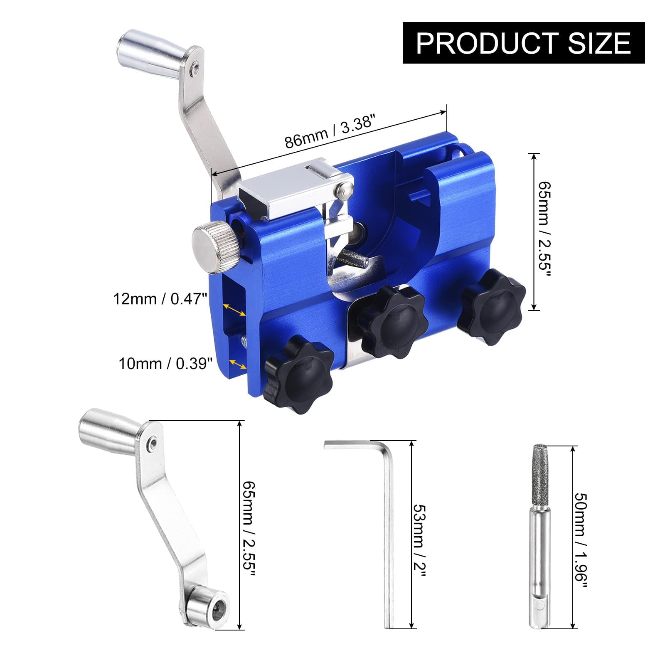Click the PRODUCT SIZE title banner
tap(524, 43)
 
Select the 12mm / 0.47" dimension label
tap(160, 299)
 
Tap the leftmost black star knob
tap(298, 377)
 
